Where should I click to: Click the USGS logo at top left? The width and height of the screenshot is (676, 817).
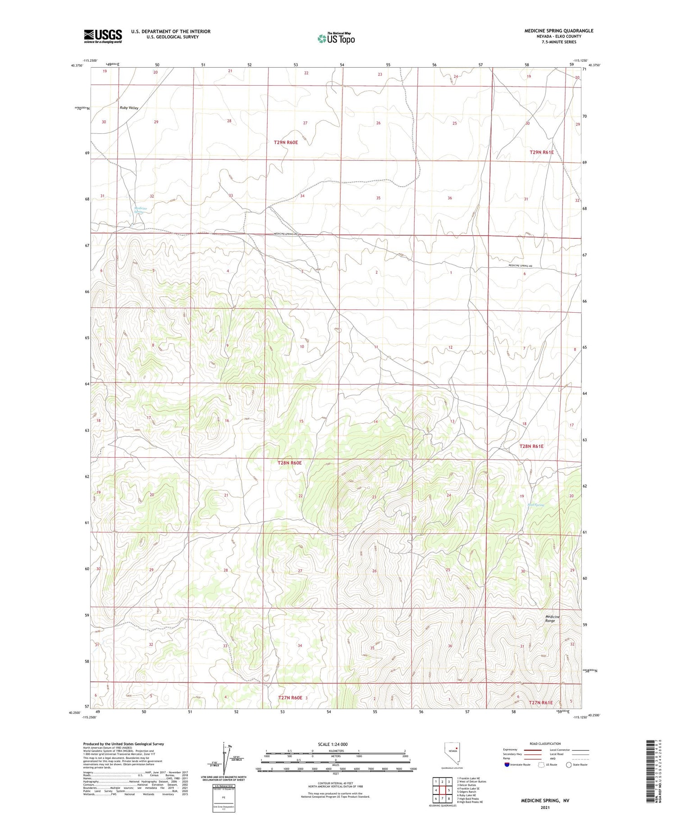tap(103, 36)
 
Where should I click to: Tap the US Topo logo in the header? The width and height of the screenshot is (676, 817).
tap(336, 39)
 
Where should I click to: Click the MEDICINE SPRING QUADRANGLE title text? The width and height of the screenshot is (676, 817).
tap(558, 31)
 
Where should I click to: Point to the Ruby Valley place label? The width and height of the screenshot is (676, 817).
tap(129, 108)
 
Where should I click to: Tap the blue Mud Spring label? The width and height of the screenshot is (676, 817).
tap(536, 505)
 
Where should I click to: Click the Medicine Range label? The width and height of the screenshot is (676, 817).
tap(552, 619)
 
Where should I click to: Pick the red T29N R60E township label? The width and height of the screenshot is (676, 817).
tap(286, 142)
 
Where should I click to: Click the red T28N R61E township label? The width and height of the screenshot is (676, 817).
tap(531, 446)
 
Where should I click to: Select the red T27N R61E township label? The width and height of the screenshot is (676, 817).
tap(540, 703)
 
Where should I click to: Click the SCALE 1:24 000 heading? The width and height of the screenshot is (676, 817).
tap(333, 744)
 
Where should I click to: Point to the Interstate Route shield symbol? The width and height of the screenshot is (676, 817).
tap(507, 765)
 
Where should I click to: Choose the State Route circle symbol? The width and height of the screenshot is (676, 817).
tap(568, 765)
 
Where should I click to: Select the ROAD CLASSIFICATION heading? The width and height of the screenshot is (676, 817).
tap(545, 744)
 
